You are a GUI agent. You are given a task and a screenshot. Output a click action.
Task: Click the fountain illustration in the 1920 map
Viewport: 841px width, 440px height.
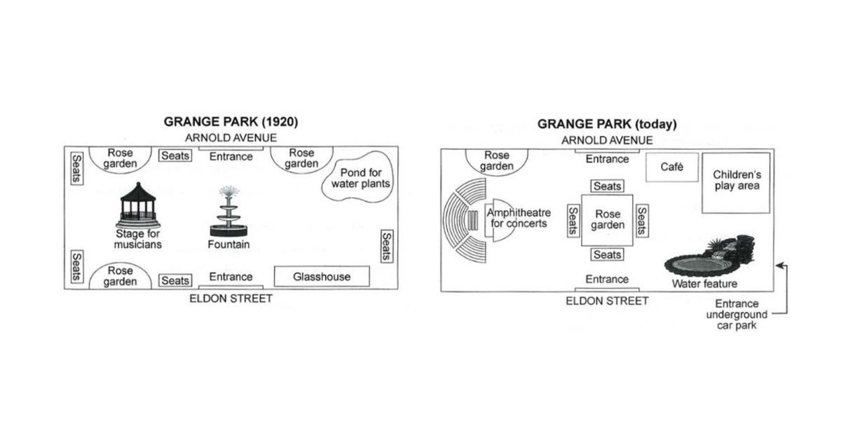coord(228,212)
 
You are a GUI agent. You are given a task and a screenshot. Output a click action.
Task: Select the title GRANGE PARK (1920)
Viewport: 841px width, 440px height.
coord(231,122)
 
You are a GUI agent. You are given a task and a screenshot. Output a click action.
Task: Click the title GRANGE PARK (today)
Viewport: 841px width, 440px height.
coord(607,124)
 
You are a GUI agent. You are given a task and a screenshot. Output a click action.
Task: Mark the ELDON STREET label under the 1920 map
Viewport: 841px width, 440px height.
coord(231,298)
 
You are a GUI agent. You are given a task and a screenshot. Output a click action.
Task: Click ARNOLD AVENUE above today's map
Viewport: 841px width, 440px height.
coord(607,140)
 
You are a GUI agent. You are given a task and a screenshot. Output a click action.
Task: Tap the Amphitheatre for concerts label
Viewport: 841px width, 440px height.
coord(519,218)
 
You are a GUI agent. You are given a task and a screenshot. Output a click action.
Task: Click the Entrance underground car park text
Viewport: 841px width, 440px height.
coord(737,314)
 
